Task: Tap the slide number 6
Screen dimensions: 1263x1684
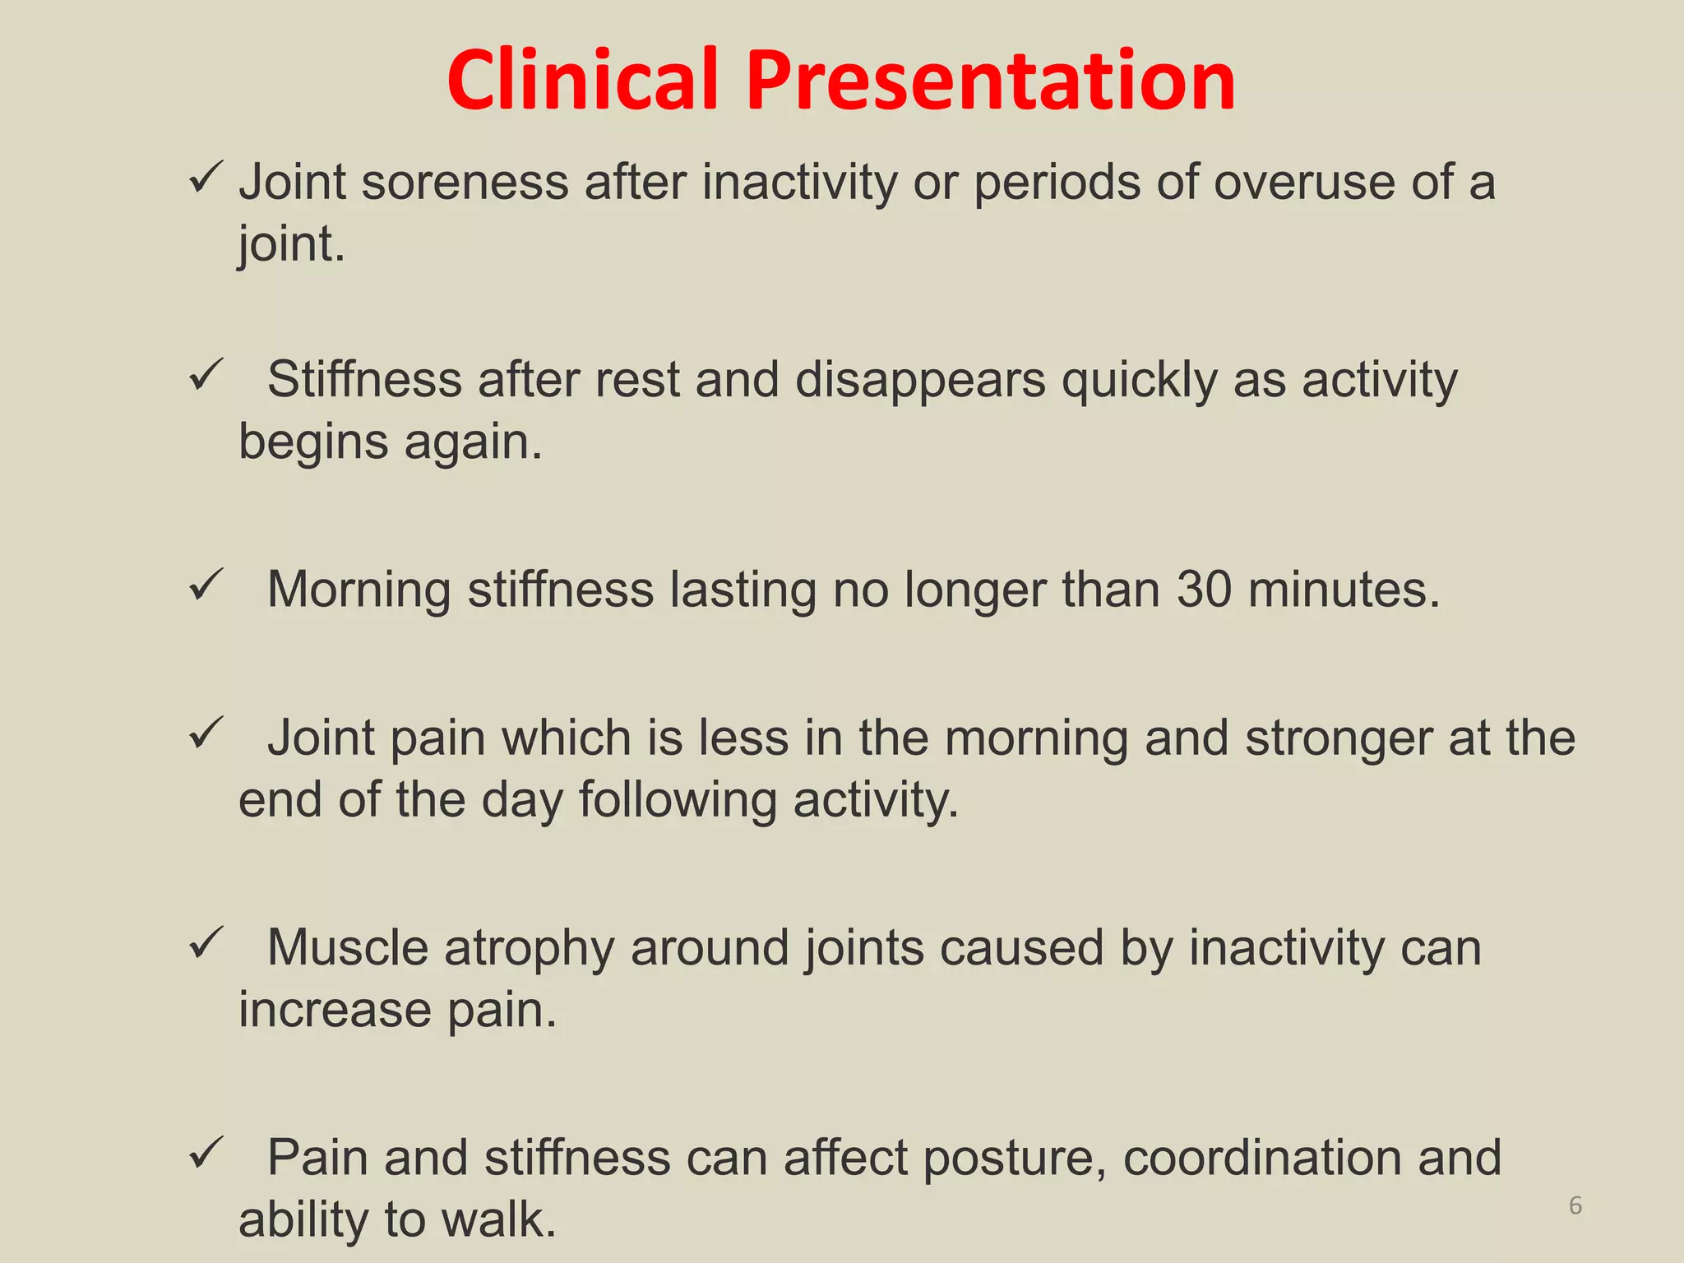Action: coord(1575,1205)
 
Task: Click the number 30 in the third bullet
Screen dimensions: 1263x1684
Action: coord(1204,590)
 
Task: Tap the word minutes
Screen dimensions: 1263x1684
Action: coord(1344,590)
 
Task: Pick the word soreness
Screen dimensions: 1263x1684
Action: coord(465,182)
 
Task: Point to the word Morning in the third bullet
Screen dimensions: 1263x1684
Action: coord(359,591)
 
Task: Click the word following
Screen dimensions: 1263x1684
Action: coord(678,801)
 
